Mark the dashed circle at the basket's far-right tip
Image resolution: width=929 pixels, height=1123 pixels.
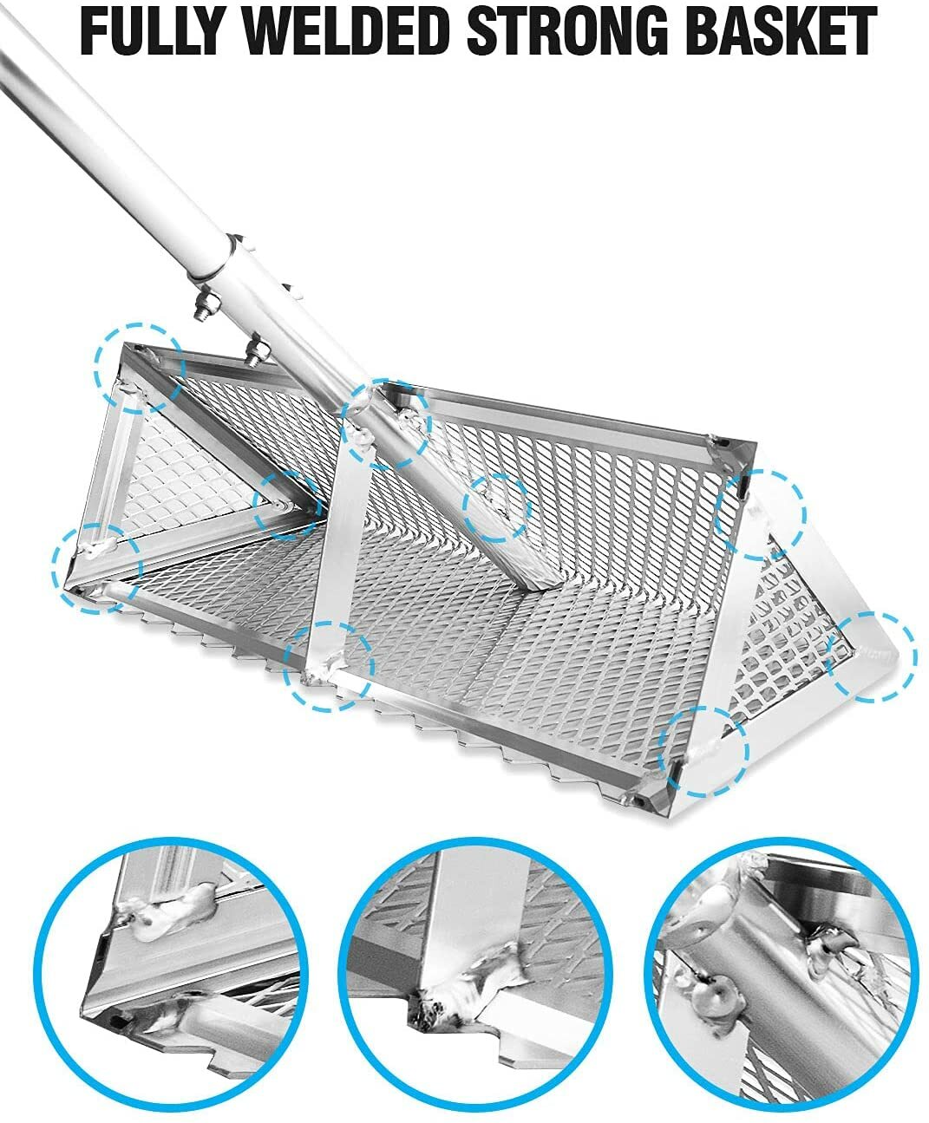coord(871,656)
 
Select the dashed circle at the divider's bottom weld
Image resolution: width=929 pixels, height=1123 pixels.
coord(330,666)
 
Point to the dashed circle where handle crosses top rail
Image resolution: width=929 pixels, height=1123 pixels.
coord(385,425)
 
